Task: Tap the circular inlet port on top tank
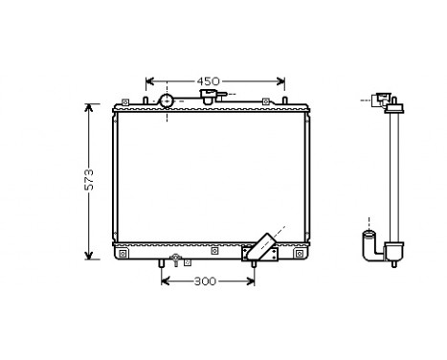point(166,101)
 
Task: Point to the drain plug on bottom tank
point(174,259)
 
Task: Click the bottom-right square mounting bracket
point(300,254)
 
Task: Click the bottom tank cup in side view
point(391,253)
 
